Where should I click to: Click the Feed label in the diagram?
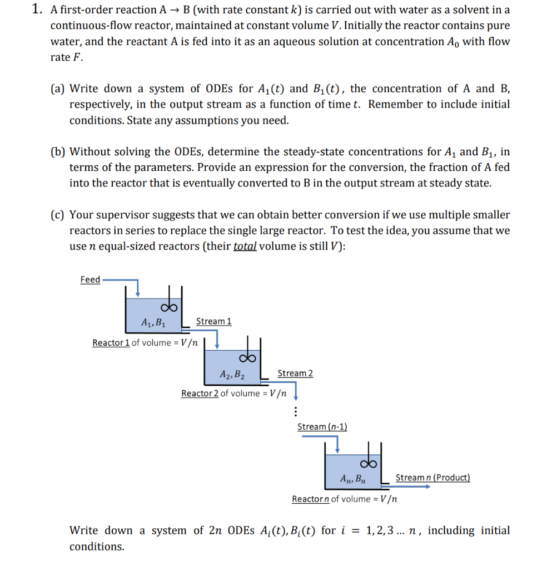click(x=90, y=279)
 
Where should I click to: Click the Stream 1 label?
click(x=213, y=321)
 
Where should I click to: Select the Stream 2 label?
click(x=295, y=373)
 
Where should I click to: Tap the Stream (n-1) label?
click(x=322, y=426)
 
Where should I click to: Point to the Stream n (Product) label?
click(x=432, y=478)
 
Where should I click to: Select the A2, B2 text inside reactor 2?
click(x=232, y=374)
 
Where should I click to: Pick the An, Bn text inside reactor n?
click(x=353, y=478)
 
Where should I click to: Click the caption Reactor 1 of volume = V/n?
click(x=145, y=342)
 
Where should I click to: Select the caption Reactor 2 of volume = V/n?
click(x=234, y=394)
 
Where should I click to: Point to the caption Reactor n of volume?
click(x=345, y=499)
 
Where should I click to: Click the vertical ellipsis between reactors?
click(x=296, y=412)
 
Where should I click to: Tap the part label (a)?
click(x=57, y=89)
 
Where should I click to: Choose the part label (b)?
click(x=57, y=151)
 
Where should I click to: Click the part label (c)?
click(x=57, y=215)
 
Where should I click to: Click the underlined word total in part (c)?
click(x=245, y=247)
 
